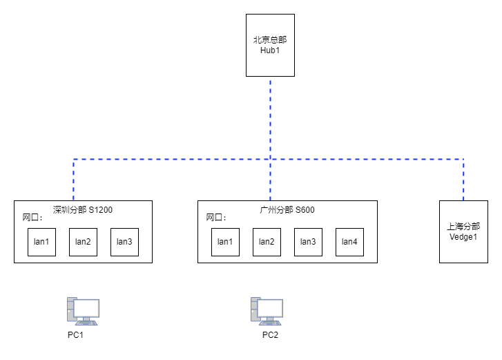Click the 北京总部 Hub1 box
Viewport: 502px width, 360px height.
click(270, 45)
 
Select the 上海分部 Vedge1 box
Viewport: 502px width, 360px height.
click(463, 232)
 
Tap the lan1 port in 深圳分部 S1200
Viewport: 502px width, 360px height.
click(41, 242)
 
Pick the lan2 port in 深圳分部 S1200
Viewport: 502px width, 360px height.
click(84, 242)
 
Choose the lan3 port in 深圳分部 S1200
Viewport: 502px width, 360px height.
click(124, 242)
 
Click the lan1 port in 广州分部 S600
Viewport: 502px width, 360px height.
click(225, 242)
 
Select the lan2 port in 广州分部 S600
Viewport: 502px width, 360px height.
click(267, 242)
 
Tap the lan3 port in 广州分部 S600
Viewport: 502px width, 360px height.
click(308, 242)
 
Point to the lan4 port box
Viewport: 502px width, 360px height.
click(349, 242)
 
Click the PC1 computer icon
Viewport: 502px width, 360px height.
click(83, 312)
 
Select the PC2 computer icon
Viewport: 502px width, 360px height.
click(267, 312)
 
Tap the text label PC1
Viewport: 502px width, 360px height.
click(75, 335)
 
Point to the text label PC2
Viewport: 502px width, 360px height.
click(270, 335)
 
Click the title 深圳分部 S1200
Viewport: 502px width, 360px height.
click(83, 210)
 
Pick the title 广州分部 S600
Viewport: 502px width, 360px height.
click(287, 210)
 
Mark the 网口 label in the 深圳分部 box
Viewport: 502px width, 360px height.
click(32, 218)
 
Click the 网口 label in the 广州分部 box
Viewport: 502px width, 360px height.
click(216, 218)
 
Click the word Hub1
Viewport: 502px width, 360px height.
click(270, 50)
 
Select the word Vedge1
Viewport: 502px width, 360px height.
click(463, 237)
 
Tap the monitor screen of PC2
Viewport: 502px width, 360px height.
click(270, 308)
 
